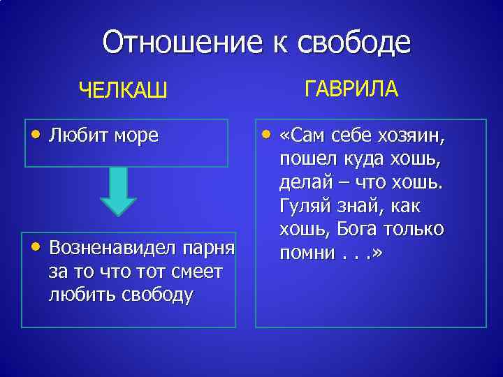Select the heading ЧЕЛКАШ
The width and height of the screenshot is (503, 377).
(x=123, y=91)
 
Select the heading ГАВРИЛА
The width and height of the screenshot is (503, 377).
(x=351, y=89)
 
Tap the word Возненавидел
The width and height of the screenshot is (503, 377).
(x=112, y=249)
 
